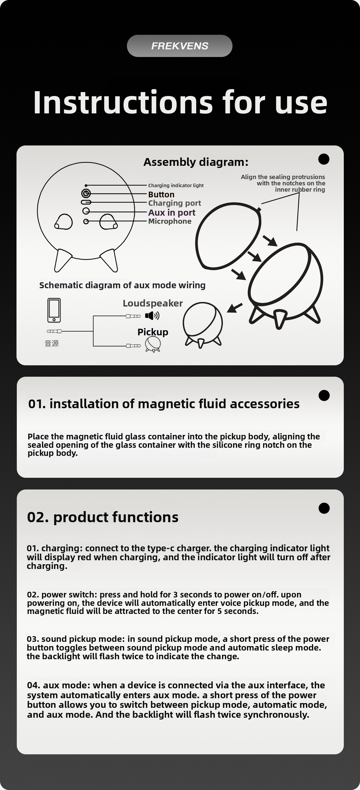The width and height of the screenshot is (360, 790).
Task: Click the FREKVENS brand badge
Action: pos(180,46)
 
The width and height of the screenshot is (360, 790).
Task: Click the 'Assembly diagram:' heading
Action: pos(196,162)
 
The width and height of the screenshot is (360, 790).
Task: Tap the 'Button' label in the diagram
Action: pos(161,194)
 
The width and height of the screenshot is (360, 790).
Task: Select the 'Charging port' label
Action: pos(175,203)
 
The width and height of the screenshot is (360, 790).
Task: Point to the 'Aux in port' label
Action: pos(172,212)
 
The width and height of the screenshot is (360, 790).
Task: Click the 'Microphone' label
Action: pos(169,221)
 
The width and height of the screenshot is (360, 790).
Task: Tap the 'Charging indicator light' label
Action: pos(176,185)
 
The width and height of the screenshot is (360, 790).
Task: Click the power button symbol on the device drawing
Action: pos(86,193)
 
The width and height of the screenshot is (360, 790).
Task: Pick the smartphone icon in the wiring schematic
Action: pos(54,310)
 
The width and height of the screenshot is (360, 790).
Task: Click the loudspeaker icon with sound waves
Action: pos(152,315)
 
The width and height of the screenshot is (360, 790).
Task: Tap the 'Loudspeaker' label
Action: pos(153,303)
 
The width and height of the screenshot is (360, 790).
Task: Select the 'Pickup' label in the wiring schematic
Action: pos(153,332)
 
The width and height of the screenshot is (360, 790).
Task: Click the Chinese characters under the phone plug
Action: pos(52,343)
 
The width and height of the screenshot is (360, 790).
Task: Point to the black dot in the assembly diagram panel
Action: pos(324,159)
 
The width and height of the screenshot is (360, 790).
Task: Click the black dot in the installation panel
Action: pos(324,395)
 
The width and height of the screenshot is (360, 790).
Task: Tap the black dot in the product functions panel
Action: pos(324,508)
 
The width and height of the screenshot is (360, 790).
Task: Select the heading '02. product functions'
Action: pos(103,517)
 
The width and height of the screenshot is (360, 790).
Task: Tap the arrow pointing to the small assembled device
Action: pos(235,308)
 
